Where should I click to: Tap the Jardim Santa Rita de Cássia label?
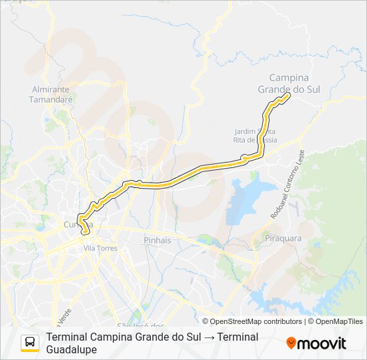[256, 135]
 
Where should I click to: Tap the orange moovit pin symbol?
[291, 343]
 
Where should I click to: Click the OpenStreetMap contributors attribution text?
[252, 321]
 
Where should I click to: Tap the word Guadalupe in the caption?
[72, 349]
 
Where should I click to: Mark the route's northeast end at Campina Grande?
[289, 95]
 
